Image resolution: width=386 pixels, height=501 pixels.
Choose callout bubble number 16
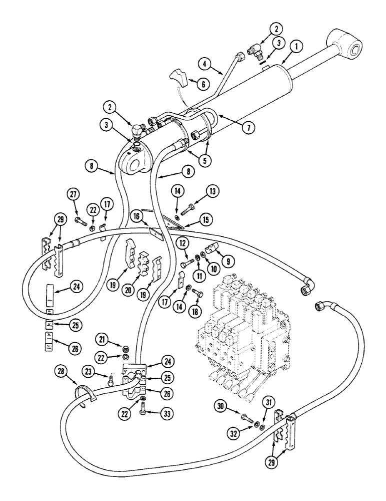point(136,216)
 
